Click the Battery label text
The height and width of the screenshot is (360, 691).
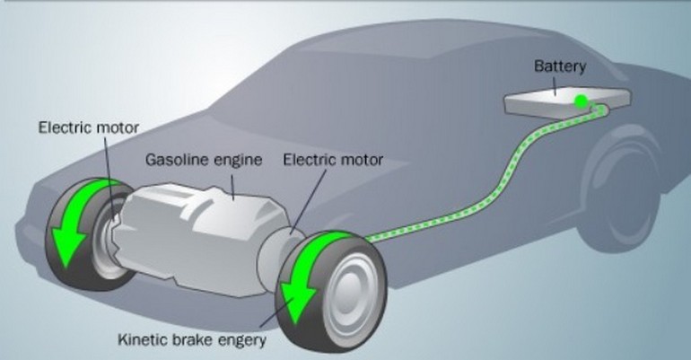tap(560, 66)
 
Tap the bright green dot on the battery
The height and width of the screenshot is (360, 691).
tap(581, 101)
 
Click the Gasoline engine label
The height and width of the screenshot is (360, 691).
tap(204, 161)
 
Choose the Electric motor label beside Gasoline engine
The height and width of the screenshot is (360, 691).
tap(333, 161)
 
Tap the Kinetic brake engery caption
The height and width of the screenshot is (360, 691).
tap(192, 340)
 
